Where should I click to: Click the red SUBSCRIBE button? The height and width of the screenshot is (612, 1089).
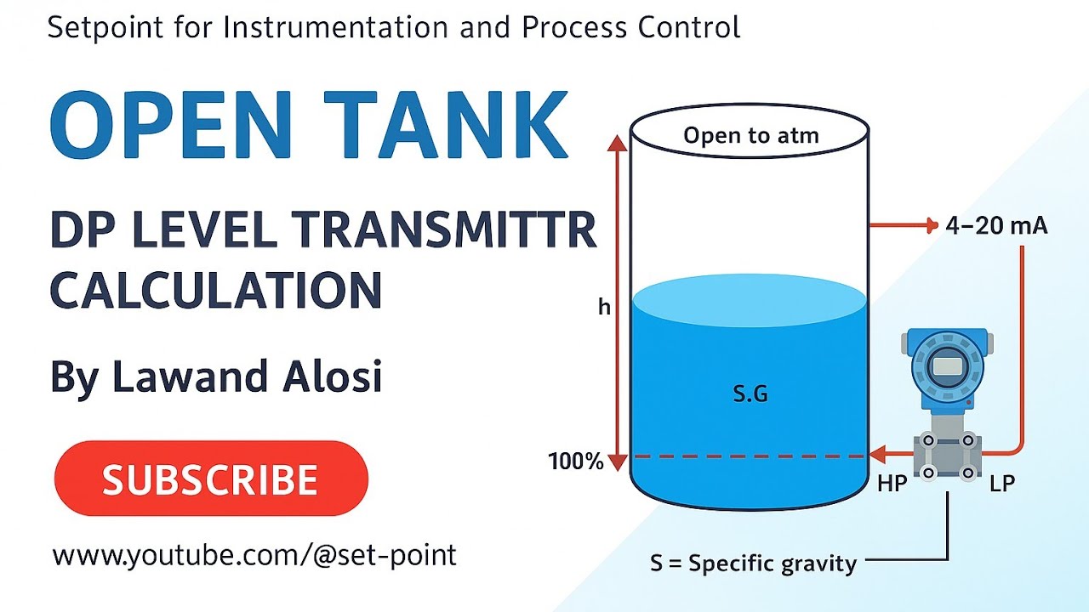211,479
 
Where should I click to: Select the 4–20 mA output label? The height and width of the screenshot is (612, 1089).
996,226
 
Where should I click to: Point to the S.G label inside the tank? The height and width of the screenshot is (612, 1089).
750,394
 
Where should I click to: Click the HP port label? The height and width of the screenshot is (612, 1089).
892,484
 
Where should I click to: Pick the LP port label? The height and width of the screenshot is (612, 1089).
1002,484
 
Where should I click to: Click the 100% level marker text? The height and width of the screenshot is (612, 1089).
576,462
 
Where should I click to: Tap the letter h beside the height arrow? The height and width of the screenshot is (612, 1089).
604,307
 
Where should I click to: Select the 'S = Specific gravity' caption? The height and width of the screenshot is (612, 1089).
753,563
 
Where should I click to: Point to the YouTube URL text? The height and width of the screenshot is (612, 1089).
254,556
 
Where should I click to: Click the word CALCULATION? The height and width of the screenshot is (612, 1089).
216,290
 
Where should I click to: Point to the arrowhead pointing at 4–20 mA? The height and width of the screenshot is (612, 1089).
929,225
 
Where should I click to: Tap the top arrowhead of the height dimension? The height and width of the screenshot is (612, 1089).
618,143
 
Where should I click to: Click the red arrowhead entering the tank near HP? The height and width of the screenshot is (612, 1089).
875,456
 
